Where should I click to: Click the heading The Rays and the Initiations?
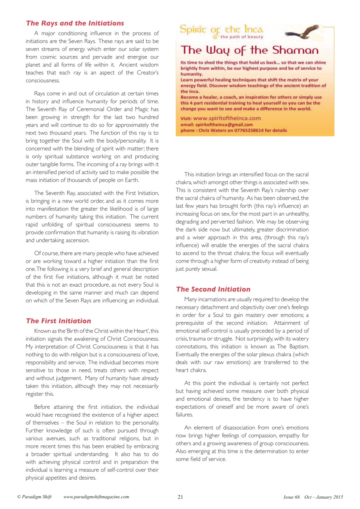click(x=75, y=23)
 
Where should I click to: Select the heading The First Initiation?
click(x=58, y=321)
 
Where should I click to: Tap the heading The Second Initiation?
click(x=213, y=289)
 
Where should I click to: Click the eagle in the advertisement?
click(x=302, y=33)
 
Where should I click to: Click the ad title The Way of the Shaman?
click(x=249, y=51)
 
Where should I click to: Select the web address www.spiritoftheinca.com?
click(x=227, y=118)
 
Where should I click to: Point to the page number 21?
click(x=180, y=497)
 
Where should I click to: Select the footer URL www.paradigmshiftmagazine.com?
click(x=96, y=497)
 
